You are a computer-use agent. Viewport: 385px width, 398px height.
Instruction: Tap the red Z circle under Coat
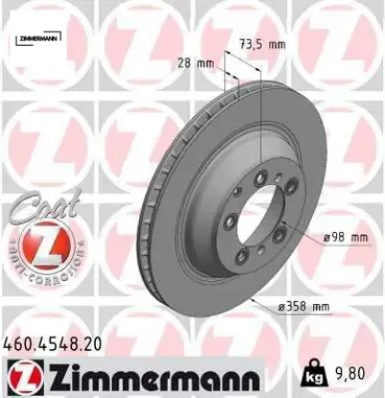click(35, 244)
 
